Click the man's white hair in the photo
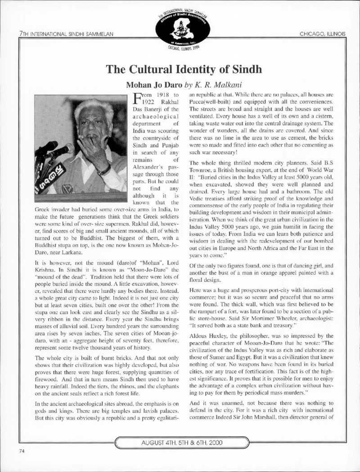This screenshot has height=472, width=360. click(x=94, y=108)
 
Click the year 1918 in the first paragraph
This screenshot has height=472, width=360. click(x=157, y=96)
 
